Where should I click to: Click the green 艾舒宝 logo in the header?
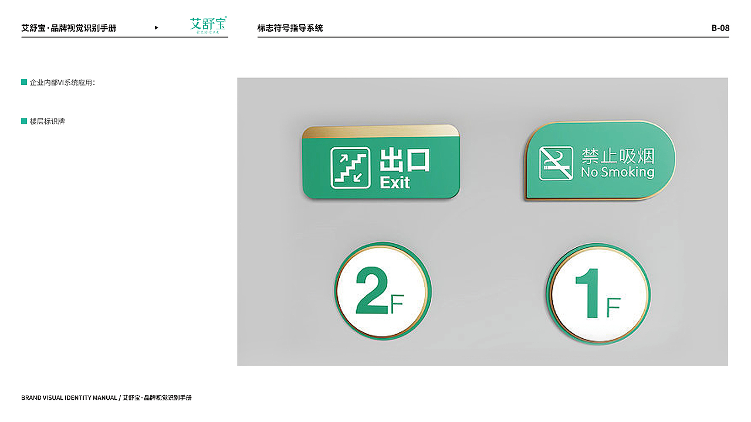coord(208,25)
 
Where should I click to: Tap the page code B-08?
coord(720,28)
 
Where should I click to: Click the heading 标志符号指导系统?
coord(290,28)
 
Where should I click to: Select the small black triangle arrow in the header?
coord(156,28)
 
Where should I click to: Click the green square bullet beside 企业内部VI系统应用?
coord(24,82)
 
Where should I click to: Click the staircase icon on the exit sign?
coord(350,168)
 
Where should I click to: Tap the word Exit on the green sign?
coord(395,182)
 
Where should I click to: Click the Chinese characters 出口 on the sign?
coord(405,160)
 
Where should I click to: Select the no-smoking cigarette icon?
coord(556,163)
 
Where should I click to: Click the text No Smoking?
coord(617,172)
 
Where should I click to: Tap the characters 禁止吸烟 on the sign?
coord(618,156)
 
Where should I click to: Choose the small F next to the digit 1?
coord(613,307)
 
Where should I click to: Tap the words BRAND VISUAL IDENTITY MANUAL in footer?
coord(69,397)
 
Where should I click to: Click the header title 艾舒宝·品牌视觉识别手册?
coord(69,28)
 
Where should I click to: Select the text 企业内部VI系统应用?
coord(62,83)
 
